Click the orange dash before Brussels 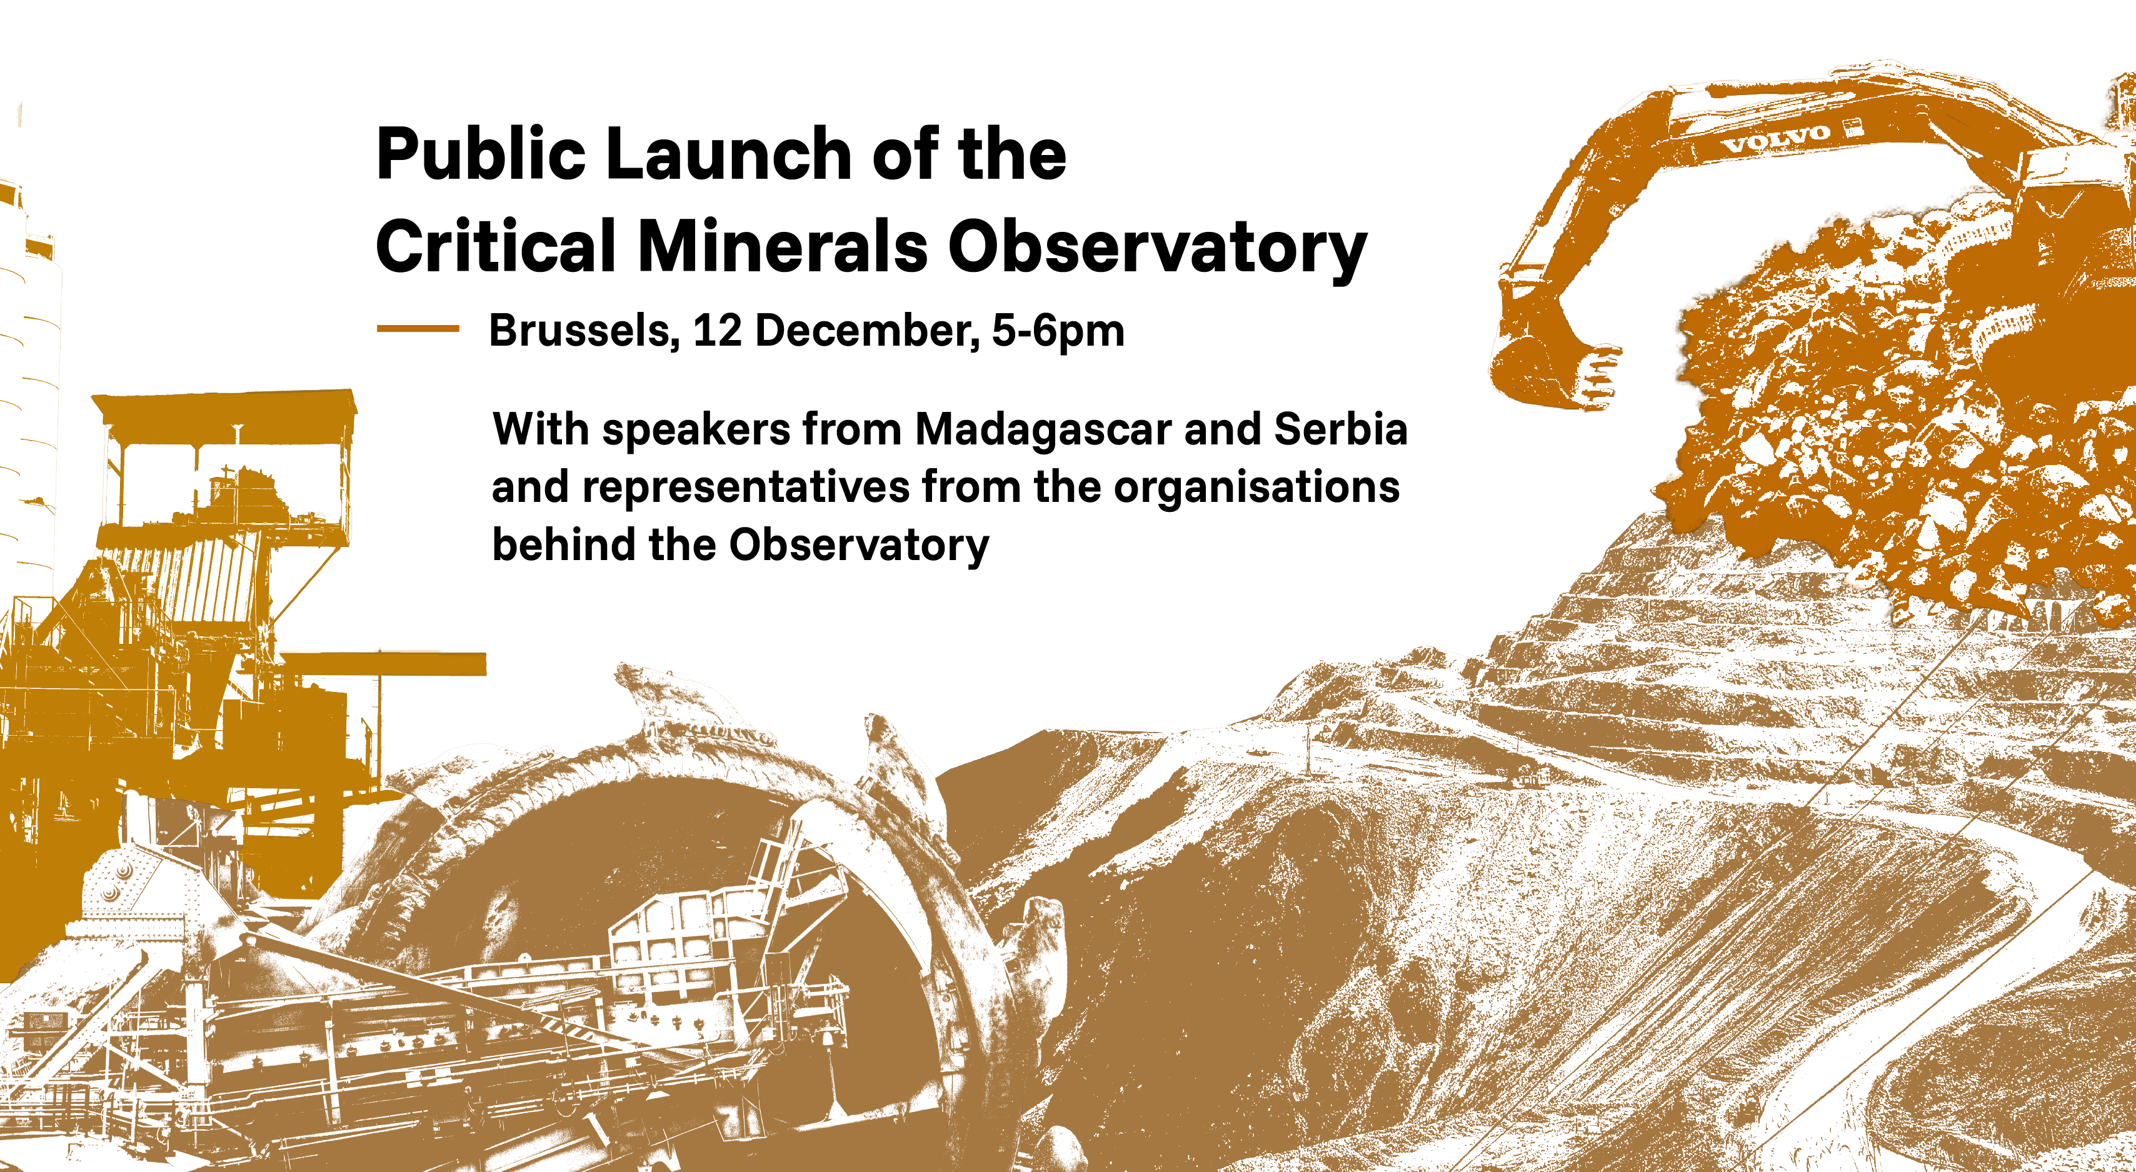point(418,329)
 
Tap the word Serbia point(1340,429)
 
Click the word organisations point(1256,488)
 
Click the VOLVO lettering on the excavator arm point(1775,138)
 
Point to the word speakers point(696,432)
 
